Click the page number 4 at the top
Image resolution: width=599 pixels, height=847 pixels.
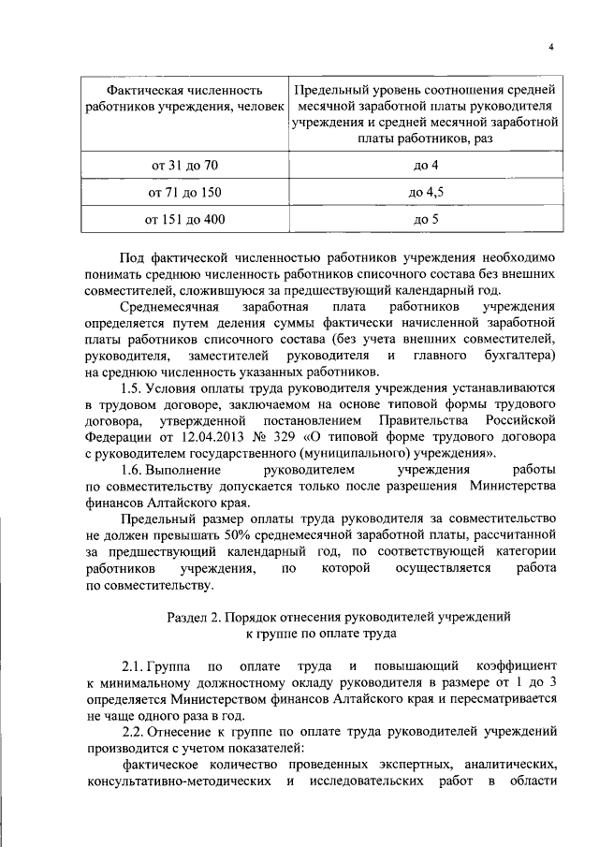coord(551,48)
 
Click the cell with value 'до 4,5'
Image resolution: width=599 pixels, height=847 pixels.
coord(426,193)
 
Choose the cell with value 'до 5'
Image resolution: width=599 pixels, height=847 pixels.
coord(426,220)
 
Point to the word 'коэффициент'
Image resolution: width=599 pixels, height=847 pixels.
coord(515,667)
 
